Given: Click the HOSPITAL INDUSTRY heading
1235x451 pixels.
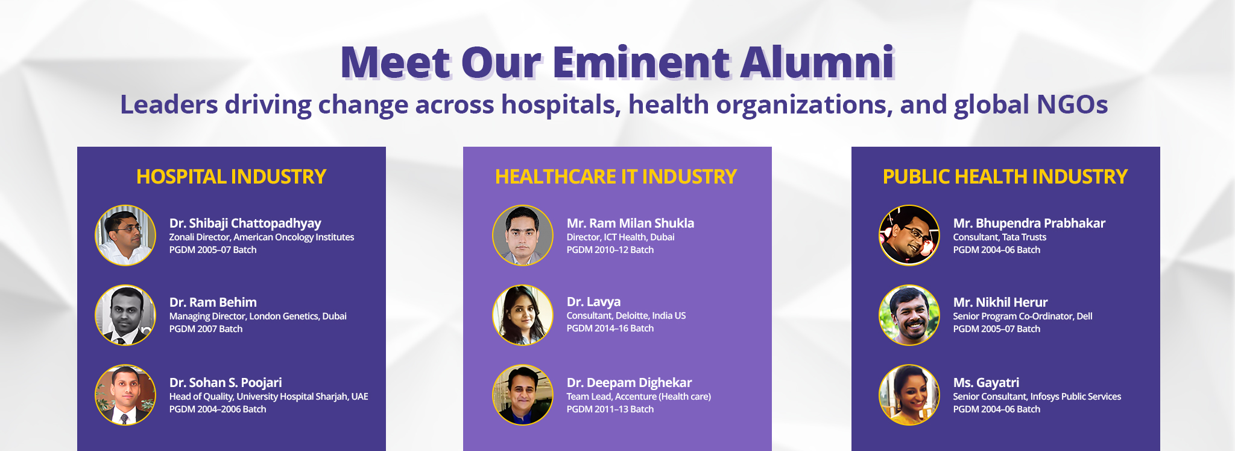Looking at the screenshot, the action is (231, 176).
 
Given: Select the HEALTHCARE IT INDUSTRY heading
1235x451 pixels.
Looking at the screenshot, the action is (616, 176).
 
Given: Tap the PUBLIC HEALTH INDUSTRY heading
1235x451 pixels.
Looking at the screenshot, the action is (1005, 176).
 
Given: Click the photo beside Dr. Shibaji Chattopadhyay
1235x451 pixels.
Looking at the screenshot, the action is (125, 235).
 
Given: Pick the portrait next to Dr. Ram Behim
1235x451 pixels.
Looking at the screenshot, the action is (125, 315).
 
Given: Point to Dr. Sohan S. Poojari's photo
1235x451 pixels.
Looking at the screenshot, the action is (125, 395).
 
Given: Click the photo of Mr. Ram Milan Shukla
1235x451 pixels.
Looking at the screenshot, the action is (523, 235).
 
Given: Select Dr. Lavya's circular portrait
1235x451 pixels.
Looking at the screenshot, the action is (523, 315).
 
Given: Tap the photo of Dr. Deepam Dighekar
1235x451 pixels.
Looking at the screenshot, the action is (523, 395).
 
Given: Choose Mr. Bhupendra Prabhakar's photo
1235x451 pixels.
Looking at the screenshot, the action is (909, 235).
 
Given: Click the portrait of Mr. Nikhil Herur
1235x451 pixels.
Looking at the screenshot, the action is (909, 315).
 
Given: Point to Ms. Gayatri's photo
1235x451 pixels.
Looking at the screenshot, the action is (909, 395).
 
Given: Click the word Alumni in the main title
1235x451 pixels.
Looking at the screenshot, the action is (817, 62).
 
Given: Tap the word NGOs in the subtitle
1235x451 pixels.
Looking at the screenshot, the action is (1072, 104).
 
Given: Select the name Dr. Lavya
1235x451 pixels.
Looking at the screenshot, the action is (593, 302).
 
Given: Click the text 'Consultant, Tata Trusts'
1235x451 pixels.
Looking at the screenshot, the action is (999, 237).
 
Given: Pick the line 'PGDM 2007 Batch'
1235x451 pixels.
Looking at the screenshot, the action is (206, 329).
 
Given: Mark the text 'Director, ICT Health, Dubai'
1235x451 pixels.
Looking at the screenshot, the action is (621, 237).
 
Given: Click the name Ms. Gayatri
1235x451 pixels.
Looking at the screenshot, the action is (986, 383).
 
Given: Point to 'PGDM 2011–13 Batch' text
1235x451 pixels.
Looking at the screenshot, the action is (610, 409).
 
